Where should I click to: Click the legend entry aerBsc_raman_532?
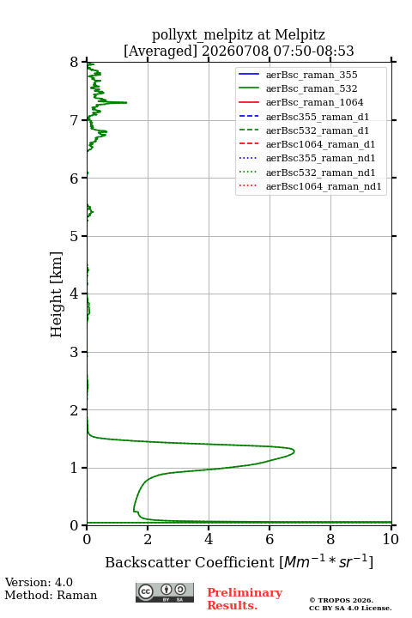(x=312, y=88)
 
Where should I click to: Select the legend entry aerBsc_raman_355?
(x=312, y=75)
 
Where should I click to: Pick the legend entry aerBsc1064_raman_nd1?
(x=324, y=186)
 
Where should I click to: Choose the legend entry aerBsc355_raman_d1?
(x=318, y=117)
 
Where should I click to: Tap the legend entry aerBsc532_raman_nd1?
(x=320, y=173)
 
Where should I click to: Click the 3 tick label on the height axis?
(x=75, y=352)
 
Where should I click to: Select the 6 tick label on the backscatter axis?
(x=270, y=539)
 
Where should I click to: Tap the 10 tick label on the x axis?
(x=391, y=539)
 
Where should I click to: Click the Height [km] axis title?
(x=57, y=294)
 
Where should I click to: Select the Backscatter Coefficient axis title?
(x=239, y=561)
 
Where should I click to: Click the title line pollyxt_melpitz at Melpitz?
(x=239, y=34)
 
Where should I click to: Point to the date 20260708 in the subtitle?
(x=235, y=51)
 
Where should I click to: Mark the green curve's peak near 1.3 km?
(x=294, y=451)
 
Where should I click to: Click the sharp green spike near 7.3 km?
(x=126, y=102)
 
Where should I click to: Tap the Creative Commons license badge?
(x=165, y=593)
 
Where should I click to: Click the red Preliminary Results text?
(x=245, y=599)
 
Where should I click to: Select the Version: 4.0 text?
(x=39, y=582)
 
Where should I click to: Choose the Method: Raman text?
(x=51, y=595)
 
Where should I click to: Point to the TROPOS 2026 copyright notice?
(x=342, y=600)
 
